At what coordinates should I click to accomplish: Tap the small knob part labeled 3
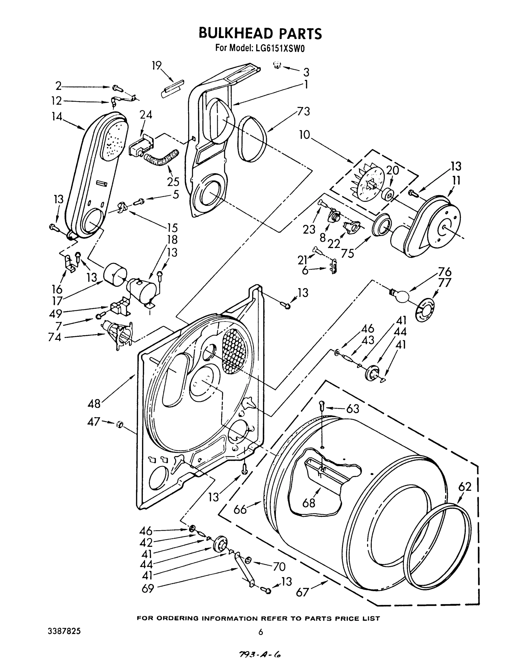277,65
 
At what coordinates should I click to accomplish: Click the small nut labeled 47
119,424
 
